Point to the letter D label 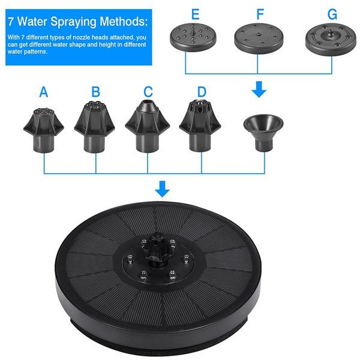click(x=202, y=92)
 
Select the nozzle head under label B click(x=96, y=127)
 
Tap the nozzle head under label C click(x=148, y=127)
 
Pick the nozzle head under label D click(x=200, y=127)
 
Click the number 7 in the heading click(x=12, y=23)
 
